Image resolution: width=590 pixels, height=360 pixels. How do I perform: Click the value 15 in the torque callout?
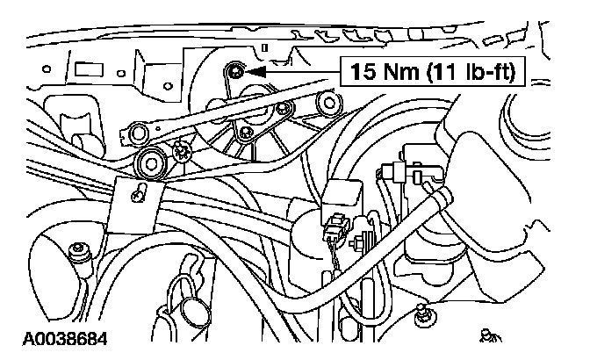[363, 71]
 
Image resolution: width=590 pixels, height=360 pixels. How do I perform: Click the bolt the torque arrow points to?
[234, 70]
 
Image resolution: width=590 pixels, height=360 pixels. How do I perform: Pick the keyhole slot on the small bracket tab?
[139, 191]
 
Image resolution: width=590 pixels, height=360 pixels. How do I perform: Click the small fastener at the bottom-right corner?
[489, 334]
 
